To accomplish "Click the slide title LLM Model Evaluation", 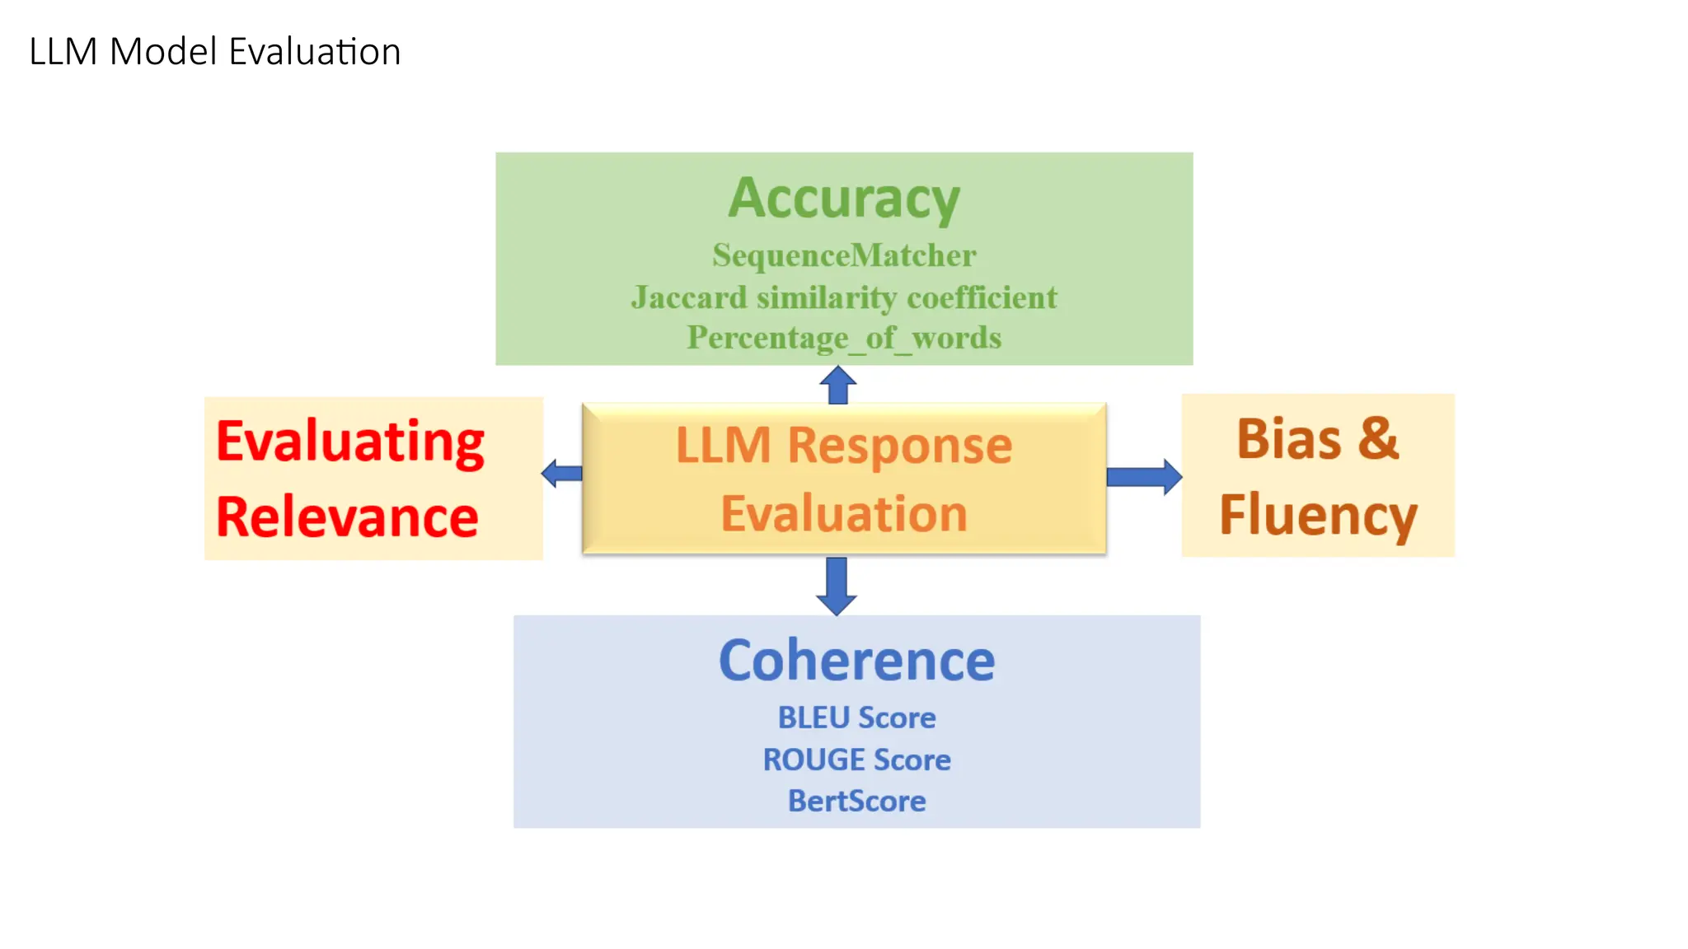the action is [214, 52].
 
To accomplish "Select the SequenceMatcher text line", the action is [844, 255].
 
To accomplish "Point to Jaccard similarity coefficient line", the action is [844, 297].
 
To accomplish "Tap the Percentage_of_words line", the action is [844, 338].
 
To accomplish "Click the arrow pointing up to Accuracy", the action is [838, 385].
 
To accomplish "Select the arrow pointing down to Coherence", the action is [837, 586].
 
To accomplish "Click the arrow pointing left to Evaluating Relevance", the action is [562, 473].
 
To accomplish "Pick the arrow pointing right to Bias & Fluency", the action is [1144, 477].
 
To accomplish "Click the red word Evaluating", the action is [350, 442].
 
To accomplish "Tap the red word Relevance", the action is [347, 517].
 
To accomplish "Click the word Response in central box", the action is [899, 446].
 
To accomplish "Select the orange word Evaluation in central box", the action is [844, 514].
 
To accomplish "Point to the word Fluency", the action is [1318, 516].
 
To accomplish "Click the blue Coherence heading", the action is [856, 661].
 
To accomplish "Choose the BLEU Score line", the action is [856, 718].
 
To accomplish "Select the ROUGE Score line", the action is [856, 760].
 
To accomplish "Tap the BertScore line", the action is [856, 801].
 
